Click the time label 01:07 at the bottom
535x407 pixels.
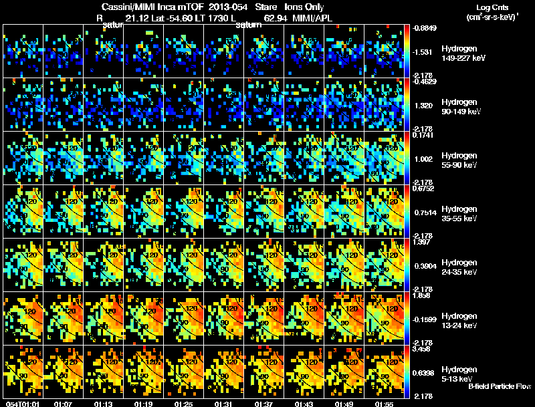(x=64, y=404)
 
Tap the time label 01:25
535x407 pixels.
(x=184, y=404)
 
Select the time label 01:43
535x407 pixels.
(x=304, y=404)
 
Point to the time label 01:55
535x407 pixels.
(x=384, y=404)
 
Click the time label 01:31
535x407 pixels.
(x=224, y=404)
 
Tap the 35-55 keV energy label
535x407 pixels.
(x=461, y=219)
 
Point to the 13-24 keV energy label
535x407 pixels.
(x=461, y=325)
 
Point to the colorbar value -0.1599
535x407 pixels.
(x=425, y=319)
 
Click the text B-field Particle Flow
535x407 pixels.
(x=499, y=386)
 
